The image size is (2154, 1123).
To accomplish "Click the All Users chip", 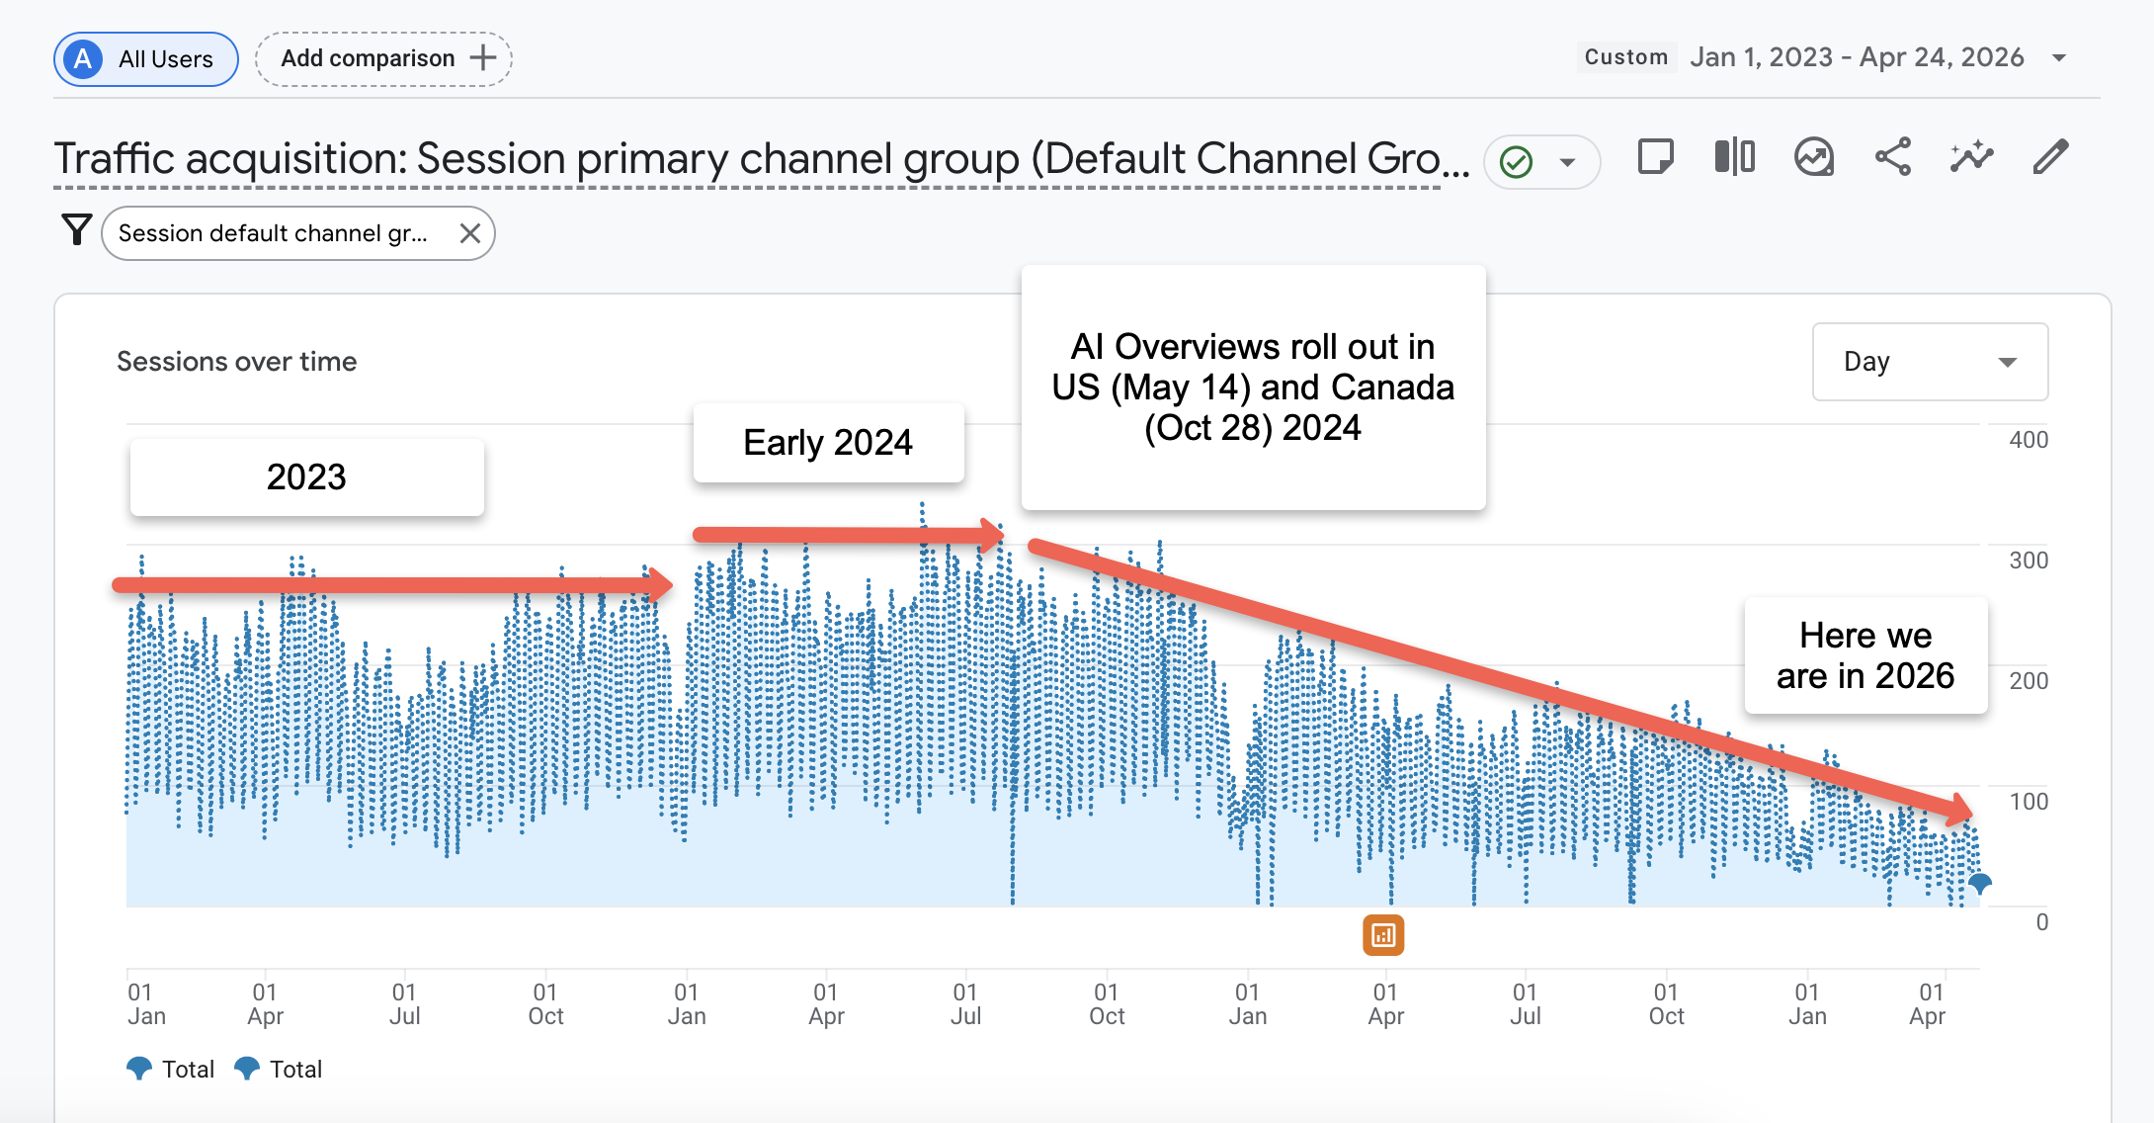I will (146, 59).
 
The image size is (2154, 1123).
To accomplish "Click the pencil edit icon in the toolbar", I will (2050, 157).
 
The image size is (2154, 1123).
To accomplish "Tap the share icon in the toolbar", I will (1892, 157).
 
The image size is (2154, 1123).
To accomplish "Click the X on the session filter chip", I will (470, 233).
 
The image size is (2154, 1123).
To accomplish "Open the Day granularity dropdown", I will (1929, 362).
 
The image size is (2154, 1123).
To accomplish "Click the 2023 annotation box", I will (306, 477).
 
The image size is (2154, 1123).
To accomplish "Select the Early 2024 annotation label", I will (828, 443).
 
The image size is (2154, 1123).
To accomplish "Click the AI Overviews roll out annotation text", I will (1253, 388).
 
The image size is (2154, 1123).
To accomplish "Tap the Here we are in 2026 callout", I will (1864, 655).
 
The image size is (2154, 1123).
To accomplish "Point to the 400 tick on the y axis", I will (2028, 440).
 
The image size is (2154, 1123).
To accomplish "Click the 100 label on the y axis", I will (2028, 802).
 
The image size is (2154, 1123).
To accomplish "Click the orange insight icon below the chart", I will (1383, 935).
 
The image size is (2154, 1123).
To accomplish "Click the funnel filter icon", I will (76, 230).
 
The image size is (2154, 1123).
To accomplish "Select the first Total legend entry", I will (172, 1070).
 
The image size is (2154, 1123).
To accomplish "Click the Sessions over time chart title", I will (237, 362).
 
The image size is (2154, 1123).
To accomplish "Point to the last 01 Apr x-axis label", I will (1929, 1004).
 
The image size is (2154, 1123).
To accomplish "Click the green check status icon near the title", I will (1516, 161).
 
